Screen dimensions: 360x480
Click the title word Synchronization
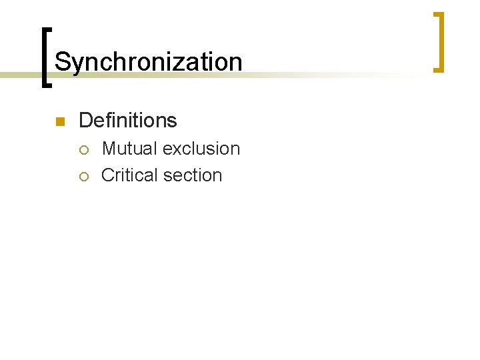coord(148,62)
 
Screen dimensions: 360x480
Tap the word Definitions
coord(127,121)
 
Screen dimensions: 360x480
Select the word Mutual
coord(130,148)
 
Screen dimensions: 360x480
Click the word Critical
coord(129,175)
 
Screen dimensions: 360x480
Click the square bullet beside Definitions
coord(59,121)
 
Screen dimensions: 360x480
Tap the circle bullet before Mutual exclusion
coord(83,149)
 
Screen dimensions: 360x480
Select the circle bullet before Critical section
coord(83,176)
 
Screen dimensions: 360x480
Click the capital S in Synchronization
coord(62,62)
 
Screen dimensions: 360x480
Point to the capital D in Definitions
coord(85,121)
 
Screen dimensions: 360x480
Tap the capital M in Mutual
coord(109,148)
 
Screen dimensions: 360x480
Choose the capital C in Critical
coord(108,175)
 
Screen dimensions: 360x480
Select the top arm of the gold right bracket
coord(437,14)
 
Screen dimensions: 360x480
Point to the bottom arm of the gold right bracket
coord(437,69)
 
